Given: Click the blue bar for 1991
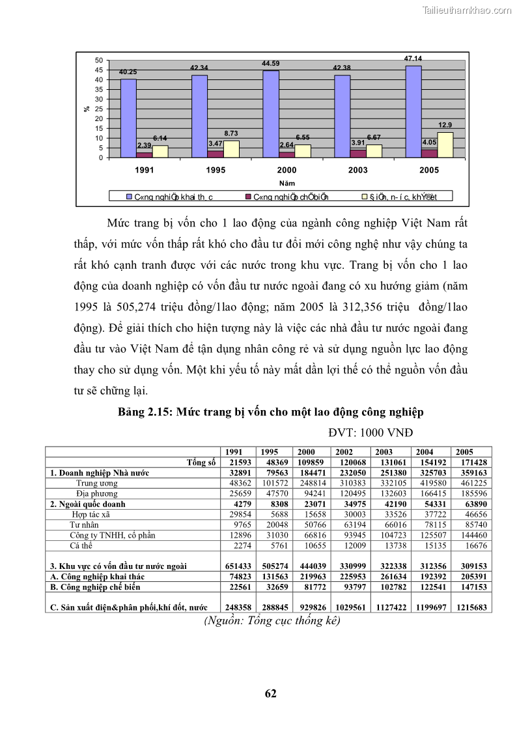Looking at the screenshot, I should pyautogui.click(x=128, y=118).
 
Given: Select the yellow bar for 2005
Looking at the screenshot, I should pyautogui.click(x=445, y=145).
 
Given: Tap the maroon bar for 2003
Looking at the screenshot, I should pyautogui.click(x=358, y=154).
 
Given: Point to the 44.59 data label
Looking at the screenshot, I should pyautogui.click(x=270, y=64).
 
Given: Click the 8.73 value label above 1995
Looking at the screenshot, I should pyautogui.click(x=231, y=133).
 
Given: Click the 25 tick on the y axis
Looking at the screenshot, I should pyautogui.click(x=98, y=109).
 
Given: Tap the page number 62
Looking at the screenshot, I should pyautogui.click(x=271, y=694).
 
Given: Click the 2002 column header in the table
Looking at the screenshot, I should pyautogui.click(x=344, y=452).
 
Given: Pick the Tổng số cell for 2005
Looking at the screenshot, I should pyautogui.click(x=473, y=462).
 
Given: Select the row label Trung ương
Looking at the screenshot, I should pyautogui.click(x=96, y=484).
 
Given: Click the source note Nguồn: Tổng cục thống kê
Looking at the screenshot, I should pyautogui.click(x=272, y=620).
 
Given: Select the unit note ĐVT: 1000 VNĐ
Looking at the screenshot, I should pyautogui.click(x=370, y=432).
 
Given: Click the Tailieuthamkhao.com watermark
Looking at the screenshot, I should pyautogui.click(x=467, y=10).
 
